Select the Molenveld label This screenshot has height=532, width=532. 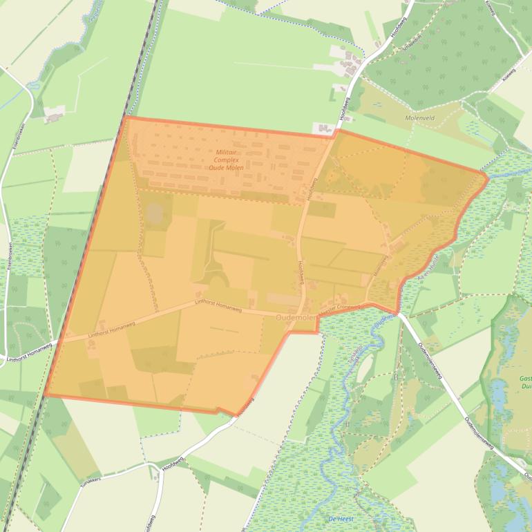421,118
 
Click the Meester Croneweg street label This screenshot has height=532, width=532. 341,310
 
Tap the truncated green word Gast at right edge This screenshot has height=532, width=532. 525,379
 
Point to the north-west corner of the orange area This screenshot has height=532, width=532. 126,117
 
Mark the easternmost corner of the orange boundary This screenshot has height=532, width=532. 488,178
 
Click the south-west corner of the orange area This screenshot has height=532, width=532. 46,396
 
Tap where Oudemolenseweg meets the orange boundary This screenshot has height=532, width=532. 399,313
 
